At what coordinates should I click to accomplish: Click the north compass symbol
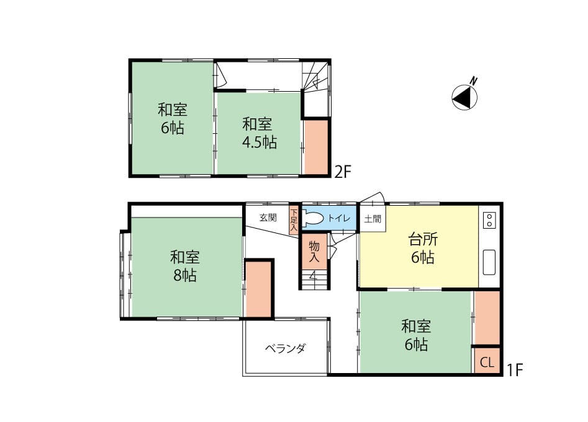pyautogui.click(x=464, y=97)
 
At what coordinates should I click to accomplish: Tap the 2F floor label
pyautogui.click(x=342, y=172)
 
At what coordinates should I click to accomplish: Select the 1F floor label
pyautogui.click(x=515, y=370)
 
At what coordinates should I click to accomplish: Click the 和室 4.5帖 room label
pyautogui.click(x=259, y=133)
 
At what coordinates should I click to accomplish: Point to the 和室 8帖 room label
pyautogui.click(x=185, y=266)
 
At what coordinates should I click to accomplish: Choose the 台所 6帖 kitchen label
pyautogui.click(x=423, y=248)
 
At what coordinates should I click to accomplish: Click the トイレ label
pyautogui.click(x=339, y=219)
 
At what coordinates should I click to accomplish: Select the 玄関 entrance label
pyautogui.click(x=268, y=218)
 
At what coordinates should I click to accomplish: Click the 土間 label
pyautogui.click(x=373, y=219)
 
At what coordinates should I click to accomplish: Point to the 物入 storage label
pyautogui.click(x=314, y=252)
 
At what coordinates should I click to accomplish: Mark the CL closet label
pyautogui.click(x=487, y=362)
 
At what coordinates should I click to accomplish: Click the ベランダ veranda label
pyautogui.click(x=286, y=349)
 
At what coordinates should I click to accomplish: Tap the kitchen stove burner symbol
pyautogui.click(x=489, y=221)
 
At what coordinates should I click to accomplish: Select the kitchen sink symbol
pyautogui.click(x=489, y=262)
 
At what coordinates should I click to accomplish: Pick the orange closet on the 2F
pyautogui.click(x=316, y=147)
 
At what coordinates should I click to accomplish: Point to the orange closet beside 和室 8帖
pyautogui.click(x=258, y=289)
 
